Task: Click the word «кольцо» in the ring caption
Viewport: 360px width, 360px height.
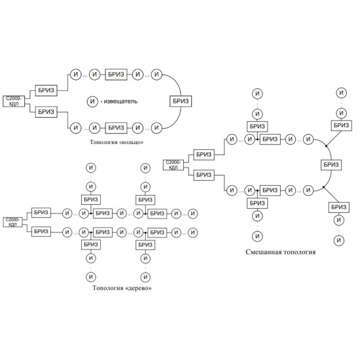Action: pyautogui.click(x=130, y=142)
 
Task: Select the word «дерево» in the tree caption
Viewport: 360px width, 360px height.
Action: pyautogui.click(x=138, y=288)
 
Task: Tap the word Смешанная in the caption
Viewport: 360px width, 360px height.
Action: pyautogui.click(x=264, y=252)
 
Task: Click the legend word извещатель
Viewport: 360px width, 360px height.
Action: pyautogui.click(x=120, y=101)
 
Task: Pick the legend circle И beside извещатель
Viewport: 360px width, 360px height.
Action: pyautogui.click(x=92, y=101)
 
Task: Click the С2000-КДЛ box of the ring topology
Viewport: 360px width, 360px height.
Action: pyautogui.click(x=14, y=101)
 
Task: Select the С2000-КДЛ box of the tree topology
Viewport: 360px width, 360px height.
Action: pyautogui.click(x=12, y=222)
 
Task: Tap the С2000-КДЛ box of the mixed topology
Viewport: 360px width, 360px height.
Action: pyautogui.click(x=173, y=165)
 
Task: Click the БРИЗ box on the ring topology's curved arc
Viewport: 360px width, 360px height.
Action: pyautogui.click(x=181, y=101)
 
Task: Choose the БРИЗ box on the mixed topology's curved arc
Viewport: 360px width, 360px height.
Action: pyautogui.click(x=331, y=164)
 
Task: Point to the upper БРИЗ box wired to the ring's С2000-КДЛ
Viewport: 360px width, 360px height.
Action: pyautogui.click(x=46, y=90)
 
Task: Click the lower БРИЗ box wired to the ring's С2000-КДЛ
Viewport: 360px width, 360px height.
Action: pyautogui.click(x=46, y=112)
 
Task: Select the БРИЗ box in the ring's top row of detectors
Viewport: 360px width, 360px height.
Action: pyautogui.click(x=116, y=75)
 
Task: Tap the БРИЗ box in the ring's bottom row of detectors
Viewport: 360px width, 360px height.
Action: pyautogui.click(x=116, y=128)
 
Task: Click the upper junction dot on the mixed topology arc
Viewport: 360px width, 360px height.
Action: pyautogui.click(x=326, y=145)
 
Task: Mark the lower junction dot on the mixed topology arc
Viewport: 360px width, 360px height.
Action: pyautogui.click(x=323, y=187)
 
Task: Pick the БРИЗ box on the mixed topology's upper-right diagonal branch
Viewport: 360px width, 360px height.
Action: pyautogui.click(x=342, y=126)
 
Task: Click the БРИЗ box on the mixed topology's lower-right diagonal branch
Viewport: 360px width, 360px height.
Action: pyautogui.click(x=339, y=207)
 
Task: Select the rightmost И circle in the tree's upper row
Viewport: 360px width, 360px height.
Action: pyautogui.click(x=193, y=213)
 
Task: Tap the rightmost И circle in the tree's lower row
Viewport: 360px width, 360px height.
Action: pyautogui.click(x=193, y=232)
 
